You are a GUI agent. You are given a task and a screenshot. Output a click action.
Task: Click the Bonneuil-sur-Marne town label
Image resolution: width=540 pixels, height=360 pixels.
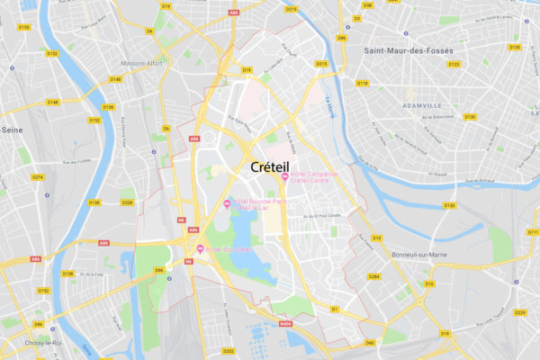pyautogui.click(x=419, y=255)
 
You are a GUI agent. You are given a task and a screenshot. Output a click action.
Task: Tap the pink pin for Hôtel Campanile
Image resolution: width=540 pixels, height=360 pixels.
pyautogui.click(x=284, y=177)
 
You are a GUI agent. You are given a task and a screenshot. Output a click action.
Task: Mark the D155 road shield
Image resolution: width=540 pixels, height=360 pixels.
pyautogui.click(x=23, y=28)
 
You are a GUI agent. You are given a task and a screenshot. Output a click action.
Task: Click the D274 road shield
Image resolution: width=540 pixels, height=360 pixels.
pyautogui.click(x=38, y=177)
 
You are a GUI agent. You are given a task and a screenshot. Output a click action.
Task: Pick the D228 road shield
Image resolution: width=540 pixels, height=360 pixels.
pyautogui.click(x=127, y=202)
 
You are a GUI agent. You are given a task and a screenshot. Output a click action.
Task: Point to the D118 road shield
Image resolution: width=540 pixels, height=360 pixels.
pyautogui.click(x=362, y=83)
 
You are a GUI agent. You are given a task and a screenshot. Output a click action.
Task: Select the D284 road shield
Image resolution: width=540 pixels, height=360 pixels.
pyautogui.click(x=374, y=275)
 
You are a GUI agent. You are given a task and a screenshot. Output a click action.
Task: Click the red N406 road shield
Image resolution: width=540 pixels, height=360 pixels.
pyautogui.click(x=286, y=324)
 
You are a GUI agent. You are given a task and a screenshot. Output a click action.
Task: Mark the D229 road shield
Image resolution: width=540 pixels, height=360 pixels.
pyautogui.click(x=519, y=312)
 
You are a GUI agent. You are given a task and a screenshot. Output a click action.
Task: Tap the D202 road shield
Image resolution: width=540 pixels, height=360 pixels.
pyautogui.click(x=229, y=351)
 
